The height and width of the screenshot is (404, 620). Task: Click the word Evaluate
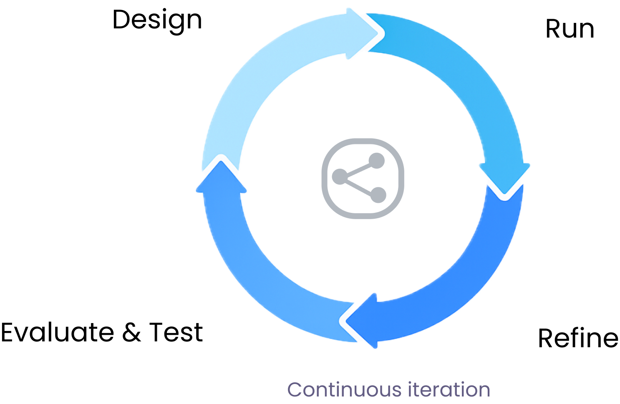point(57,332)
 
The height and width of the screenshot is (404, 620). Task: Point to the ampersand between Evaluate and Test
point(131,332)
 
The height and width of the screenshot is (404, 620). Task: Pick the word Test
point(176,332)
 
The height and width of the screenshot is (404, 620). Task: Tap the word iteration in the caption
point(449,389)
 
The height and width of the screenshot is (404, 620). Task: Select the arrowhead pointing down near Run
point(504,178)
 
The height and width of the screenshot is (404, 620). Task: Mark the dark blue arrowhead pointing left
point(362,321)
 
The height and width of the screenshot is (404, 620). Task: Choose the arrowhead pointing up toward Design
point(221,177)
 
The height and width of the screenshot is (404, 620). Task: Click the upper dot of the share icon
point(377,161)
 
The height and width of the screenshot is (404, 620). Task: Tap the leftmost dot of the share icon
point(340,177)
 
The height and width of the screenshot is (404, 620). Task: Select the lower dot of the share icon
point(378,195)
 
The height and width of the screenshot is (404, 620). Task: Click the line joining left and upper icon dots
point(358,168)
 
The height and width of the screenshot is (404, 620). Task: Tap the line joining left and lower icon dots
point(359,186)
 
